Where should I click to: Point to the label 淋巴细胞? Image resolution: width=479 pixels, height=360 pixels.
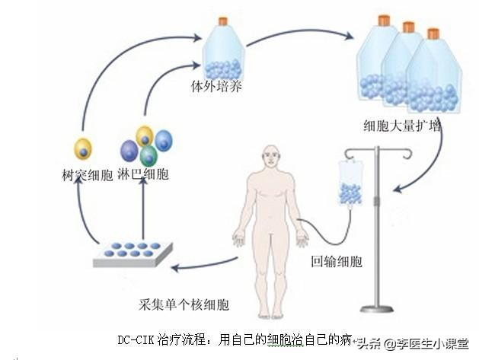pyautogui.click(x=145, y=174)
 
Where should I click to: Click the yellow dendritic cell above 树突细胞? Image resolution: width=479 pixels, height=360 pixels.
pyautogui.click(x=82, y=148)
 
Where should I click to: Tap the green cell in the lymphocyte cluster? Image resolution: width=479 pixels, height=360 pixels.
pyautogui.click(x=148, y=156)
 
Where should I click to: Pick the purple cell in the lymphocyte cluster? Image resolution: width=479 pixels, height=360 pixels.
pyautogui.click(x=130, y=151)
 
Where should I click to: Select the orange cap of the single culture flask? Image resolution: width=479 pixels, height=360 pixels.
pyautogui.click(x=223, y=21)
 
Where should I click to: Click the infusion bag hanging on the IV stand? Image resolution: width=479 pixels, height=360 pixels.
pyautogui.click(x=350, y=183)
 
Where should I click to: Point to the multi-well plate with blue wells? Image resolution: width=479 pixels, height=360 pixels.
pyautogui.click(x=133, y=253)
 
